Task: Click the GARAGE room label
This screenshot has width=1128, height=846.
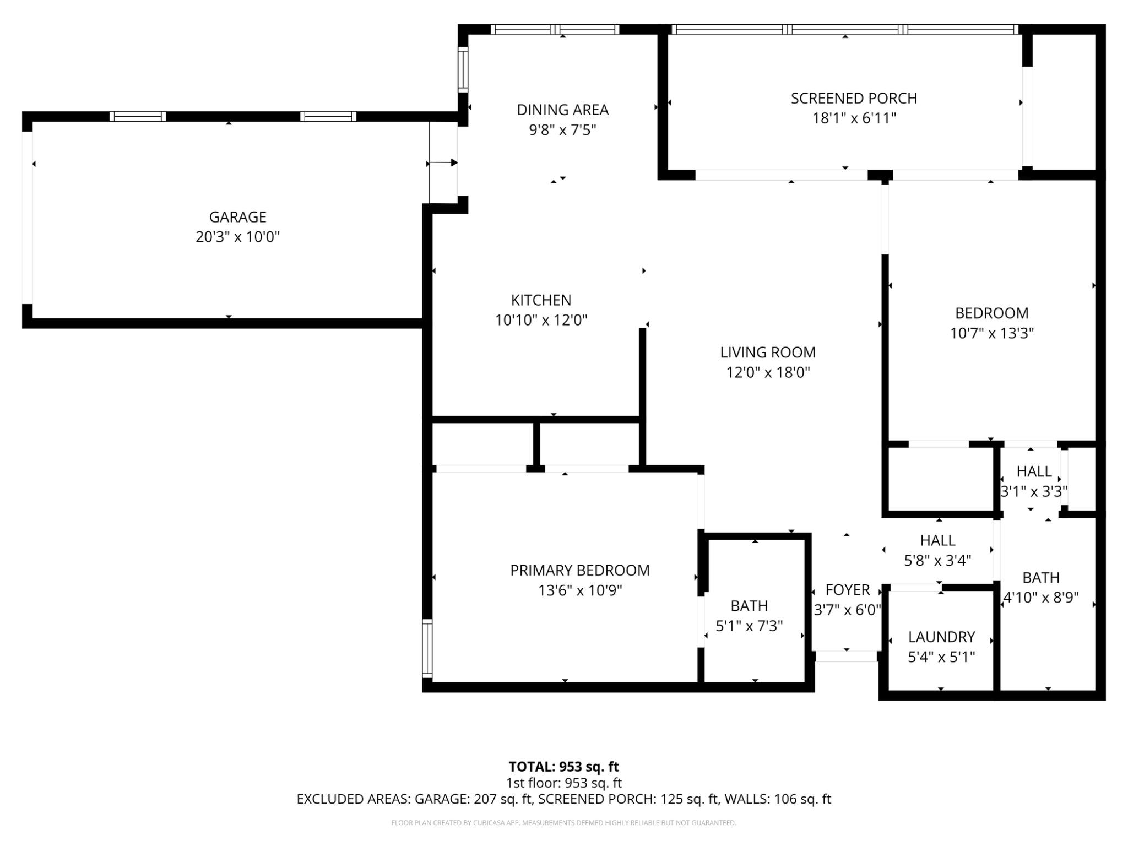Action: coord(237,217)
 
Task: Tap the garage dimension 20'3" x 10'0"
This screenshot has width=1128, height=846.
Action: coord(237,237)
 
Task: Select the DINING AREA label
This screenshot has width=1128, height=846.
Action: coord(562,110)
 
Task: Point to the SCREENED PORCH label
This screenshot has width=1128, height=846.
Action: coord(854,99)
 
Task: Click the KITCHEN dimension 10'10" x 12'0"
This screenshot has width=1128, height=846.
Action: coord(541,321)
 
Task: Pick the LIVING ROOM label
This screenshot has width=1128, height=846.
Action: coord(768,352)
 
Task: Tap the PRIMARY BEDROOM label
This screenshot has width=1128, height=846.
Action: coord(579,571)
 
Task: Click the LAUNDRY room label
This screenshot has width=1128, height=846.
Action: coord(941,637)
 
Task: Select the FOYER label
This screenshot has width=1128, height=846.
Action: coord(847,590)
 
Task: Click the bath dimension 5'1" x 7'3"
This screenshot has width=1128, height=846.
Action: coord(749,626)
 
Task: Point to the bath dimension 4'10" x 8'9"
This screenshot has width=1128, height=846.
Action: coord(1040,598)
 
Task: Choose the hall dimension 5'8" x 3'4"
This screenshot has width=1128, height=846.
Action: coord(937,561)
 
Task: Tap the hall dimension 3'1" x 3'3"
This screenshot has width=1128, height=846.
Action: coord(1034,492)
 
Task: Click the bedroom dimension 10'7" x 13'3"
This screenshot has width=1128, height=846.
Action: coord(991,334)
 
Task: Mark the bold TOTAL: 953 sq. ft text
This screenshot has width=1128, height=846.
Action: coord(563,767)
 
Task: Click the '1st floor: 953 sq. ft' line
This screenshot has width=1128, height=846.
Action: coord(563,783)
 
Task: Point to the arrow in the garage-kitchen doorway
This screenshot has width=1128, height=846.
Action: coord(443,162)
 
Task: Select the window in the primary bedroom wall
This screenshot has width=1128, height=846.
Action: coord(427,648)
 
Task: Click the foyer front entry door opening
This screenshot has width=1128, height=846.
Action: coord(846,657)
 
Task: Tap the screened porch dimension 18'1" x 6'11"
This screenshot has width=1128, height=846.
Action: coord(854,118)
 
